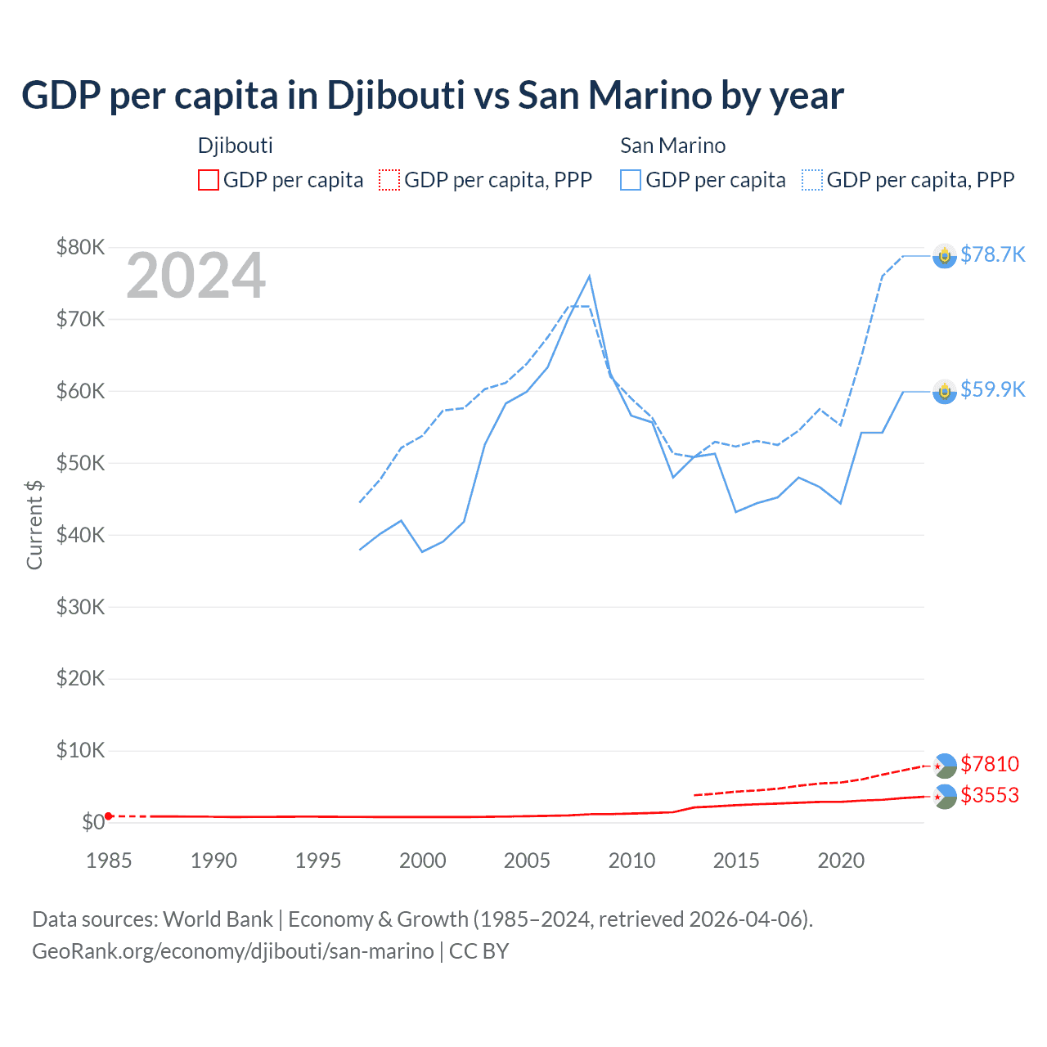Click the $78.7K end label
click(x=992, y=255)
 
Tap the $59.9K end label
click(x=992, y=389)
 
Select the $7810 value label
click(x=990, y=764)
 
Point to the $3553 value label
click(x=990, y=795)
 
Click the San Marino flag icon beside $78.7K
click(x=945, y=257)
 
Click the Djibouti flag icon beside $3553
click(x=945, y=797)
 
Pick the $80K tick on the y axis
click(x=80, y=247)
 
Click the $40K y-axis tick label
click(x=80, y=535)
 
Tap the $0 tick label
click(x=92, y=822)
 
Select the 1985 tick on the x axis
click(x=109, y=861)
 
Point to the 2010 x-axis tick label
click(x=631, y=861)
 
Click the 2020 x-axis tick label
click(x=841, y=861)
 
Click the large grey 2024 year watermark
click(x=195, y=276)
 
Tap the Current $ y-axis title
click(x=34, y=524)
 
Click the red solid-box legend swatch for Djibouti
click(x=209, y=180)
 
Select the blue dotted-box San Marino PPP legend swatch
click(x=812, y=180)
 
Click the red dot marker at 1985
click(x=109, y=816)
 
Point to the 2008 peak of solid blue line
click(x=590, y=276)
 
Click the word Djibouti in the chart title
click(x=396, y=96)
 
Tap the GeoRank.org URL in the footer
click(x=233, y=951)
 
